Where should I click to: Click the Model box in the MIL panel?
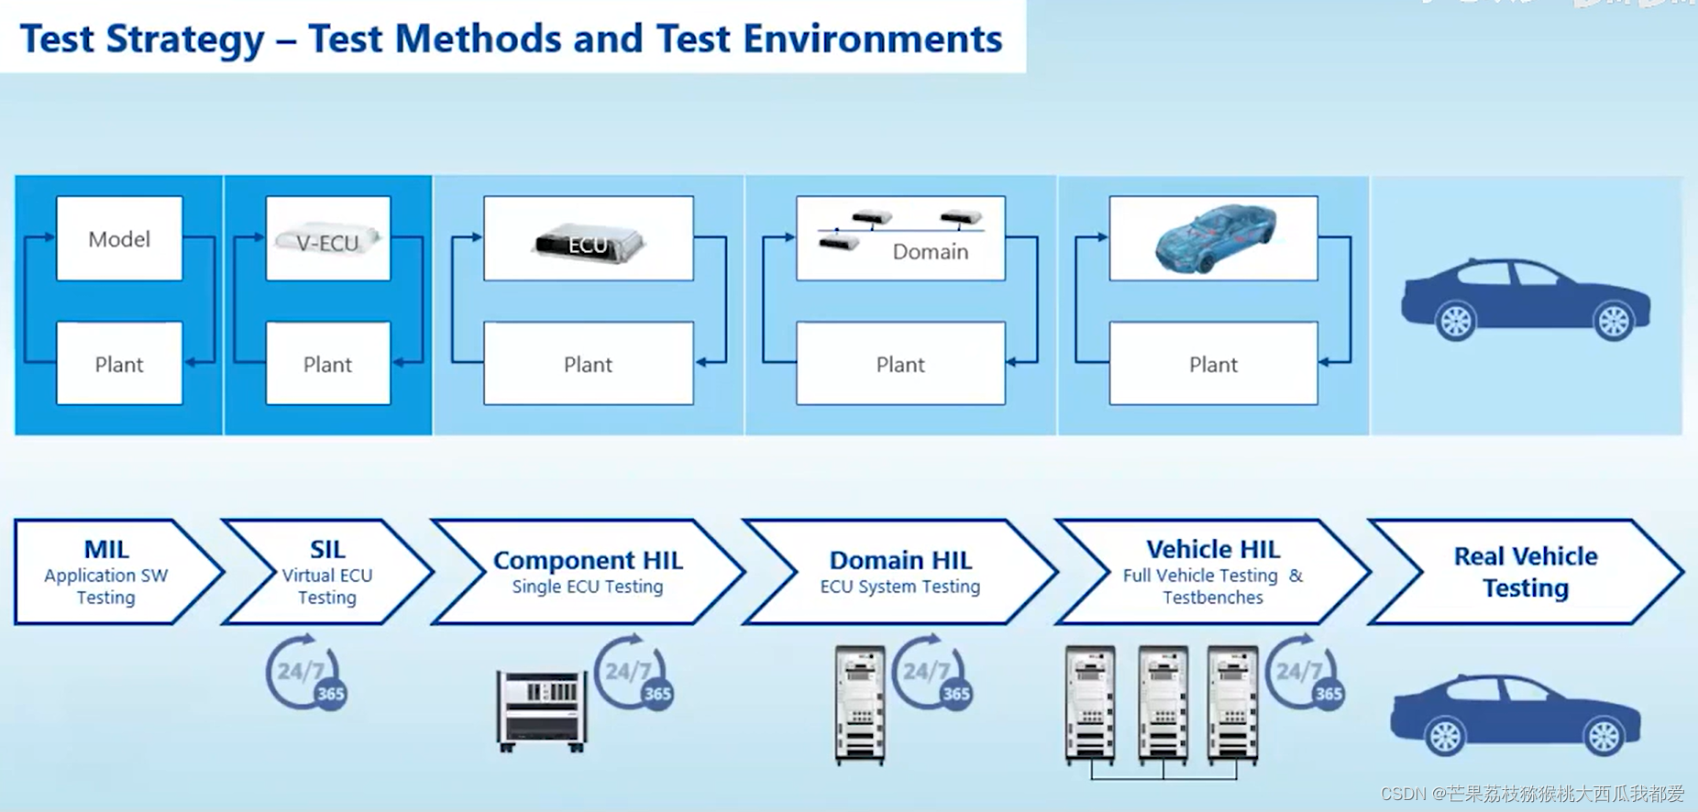119,238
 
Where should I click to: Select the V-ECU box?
327,239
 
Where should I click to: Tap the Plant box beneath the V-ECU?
327,364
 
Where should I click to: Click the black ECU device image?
589,243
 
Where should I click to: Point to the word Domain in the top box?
930,252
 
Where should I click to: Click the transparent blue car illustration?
1214,237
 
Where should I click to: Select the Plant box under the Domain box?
900,364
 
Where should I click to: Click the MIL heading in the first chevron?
106,549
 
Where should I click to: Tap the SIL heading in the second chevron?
327,549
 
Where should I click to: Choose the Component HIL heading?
588,560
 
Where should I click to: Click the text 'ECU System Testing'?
899,587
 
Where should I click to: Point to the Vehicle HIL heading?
1212,549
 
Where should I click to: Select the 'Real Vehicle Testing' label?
1526,572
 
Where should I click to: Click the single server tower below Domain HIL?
859,704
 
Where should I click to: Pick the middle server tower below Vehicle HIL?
1163,704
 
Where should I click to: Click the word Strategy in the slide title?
185,39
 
